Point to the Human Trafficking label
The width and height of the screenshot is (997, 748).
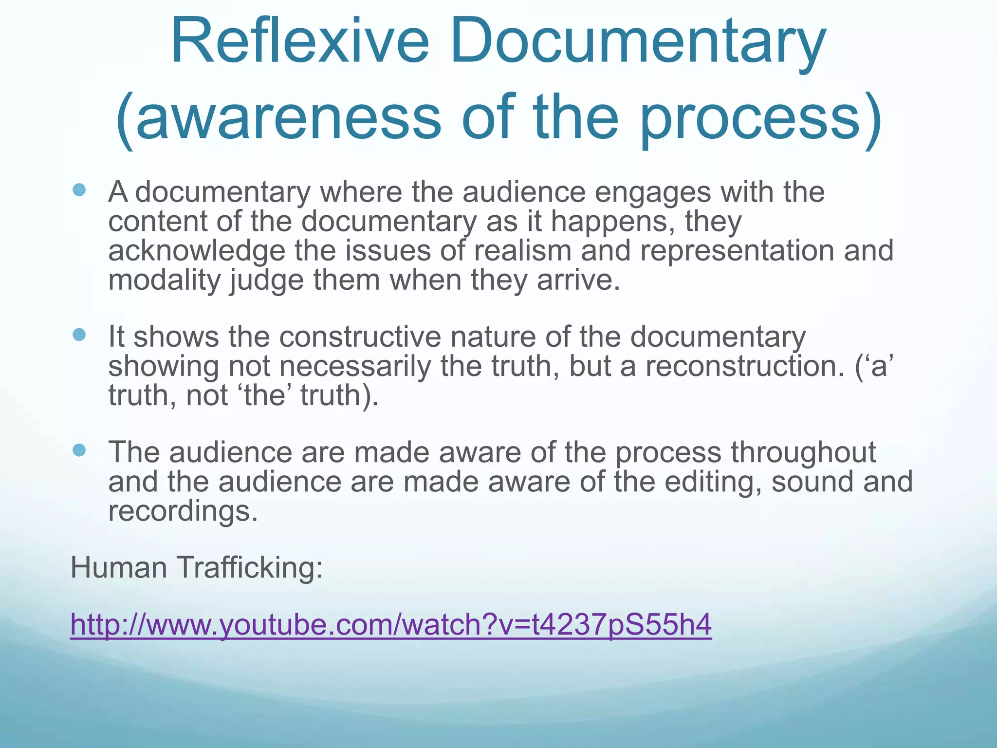tap(197, 567)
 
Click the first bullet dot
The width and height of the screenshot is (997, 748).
tap(79, 189)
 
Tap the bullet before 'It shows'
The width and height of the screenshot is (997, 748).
tap(79, 335)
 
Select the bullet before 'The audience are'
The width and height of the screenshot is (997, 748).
tap(79, 450)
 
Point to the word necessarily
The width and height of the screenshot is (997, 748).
tap(355, 366)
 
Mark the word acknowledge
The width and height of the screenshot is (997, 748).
tap(197, 250)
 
